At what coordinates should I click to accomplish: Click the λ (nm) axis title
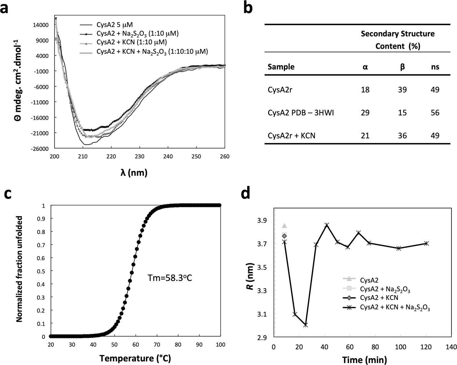click(134, 173)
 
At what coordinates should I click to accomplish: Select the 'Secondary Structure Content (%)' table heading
click(397, 40)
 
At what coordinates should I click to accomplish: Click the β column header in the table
click(402, 67)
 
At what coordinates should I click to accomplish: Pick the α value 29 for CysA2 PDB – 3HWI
click(365, 113)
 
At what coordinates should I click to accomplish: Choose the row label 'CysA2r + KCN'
click(291, 135)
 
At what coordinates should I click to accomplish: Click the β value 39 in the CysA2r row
click(402, 90)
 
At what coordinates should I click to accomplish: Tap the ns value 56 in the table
click(435, 113)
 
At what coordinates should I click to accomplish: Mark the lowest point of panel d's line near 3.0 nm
click(305, 325)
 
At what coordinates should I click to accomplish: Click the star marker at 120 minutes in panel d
click(426, 243)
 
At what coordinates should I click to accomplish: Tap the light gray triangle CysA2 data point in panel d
click(284, 226)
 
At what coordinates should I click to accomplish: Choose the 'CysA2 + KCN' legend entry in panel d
click(379, 297)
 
